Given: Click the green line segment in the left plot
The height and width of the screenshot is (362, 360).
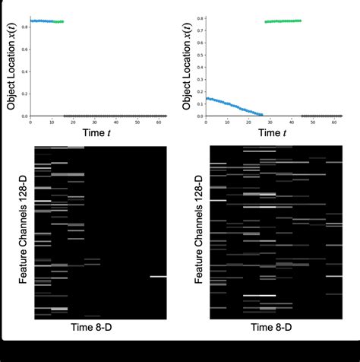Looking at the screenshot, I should coord(59,21).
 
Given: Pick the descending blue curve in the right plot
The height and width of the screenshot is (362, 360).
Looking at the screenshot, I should coord(228,104).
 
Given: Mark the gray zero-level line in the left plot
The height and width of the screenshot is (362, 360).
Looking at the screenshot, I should coord(114,116).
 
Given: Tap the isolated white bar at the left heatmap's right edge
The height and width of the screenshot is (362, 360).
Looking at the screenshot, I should coord(158,277).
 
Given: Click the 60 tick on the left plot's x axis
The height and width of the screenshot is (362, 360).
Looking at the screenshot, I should coord(156,122).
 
